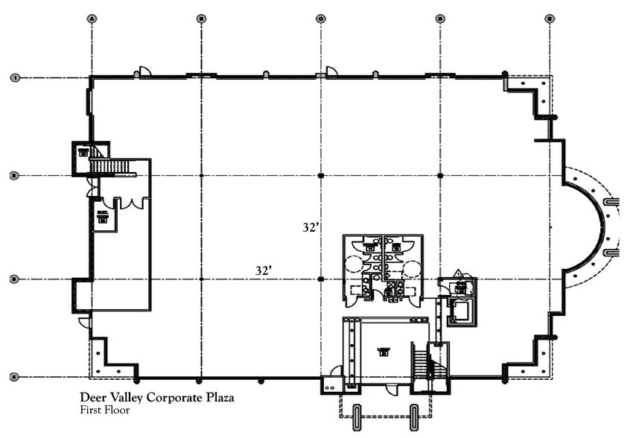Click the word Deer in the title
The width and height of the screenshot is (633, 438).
click(x=92, y=398)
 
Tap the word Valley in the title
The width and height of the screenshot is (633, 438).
click(x=124, y=398)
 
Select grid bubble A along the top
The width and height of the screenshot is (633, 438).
click(x=92, y=18)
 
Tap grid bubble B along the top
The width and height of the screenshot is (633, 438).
click(x=201, y=18)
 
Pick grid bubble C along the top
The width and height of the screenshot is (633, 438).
click(x=320, y=18)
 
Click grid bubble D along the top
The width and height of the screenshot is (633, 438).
click(x=440, y=18)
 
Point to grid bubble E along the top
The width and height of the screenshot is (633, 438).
click(x=550, y=18)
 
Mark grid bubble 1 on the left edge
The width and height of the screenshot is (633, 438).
click(x=13, y=77)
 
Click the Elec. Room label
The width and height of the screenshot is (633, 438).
click(x=104, y=217)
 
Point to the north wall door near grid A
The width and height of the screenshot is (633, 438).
click(x=144, y=72)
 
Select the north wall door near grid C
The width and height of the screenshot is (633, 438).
click(x=331, y=72)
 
